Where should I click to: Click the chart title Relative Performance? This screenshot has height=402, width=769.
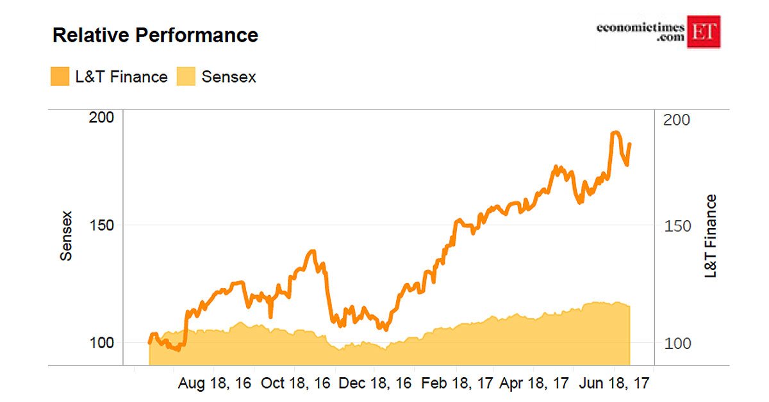[155, 35]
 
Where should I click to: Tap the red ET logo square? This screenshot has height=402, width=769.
[704, 31]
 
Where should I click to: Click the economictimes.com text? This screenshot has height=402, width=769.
[641, 32]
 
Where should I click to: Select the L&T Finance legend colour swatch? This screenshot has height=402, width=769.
[59, 77]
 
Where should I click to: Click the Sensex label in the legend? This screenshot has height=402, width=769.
[229, 77]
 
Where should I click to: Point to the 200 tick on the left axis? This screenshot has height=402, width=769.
[101, 117]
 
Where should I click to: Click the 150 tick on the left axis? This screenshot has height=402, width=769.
[101, 225]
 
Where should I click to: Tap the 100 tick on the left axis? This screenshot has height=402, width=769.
[101, 342]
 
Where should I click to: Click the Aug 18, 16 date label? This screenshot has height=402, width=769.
[215, 384]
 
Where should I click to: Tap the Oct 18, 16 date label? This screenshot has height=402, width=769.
[295, 384]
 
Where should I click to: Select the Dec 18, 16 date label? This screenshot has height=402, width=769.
[376, 384]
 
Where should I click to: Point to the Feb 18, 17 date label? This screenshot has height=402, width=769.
[456, 384]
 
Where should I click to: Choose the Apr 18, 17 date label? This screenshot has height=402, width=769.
[534, 384]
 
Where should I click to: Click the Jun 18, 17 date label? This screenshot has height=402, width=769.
[615, 384]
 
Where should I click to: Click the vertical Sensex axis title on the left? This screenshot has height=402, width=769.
[66, 235]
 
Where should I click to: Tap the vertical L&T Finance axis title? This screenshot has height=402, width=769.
[710, 236]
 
